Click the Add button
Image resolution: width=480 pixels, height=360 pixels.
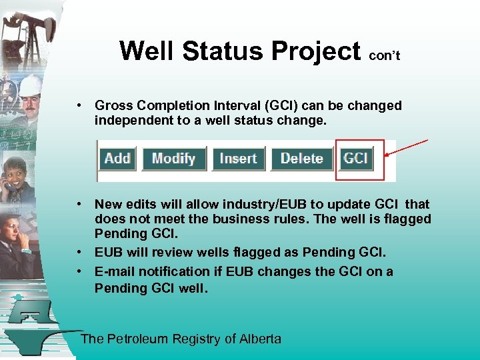(117, 159)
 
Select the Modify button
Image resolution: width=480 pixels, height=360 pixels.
(173, 159)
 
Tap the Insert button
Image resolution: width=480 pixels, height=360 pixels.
(238, 159)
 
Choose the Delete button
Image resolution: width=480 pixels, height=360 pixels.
(301, 159)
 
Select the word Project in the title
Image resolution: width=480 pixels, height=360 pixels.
(314, 51)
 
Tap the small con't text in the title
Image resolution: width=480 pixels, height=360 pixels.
(384, 56)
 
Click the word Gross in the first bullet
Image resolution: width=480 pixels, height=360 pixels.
(114, 105)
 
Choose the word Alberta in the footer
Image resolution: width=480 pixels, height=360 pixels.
(260, 339)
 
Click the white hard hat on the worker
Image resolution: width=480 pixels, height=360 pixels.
(30, 85)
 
